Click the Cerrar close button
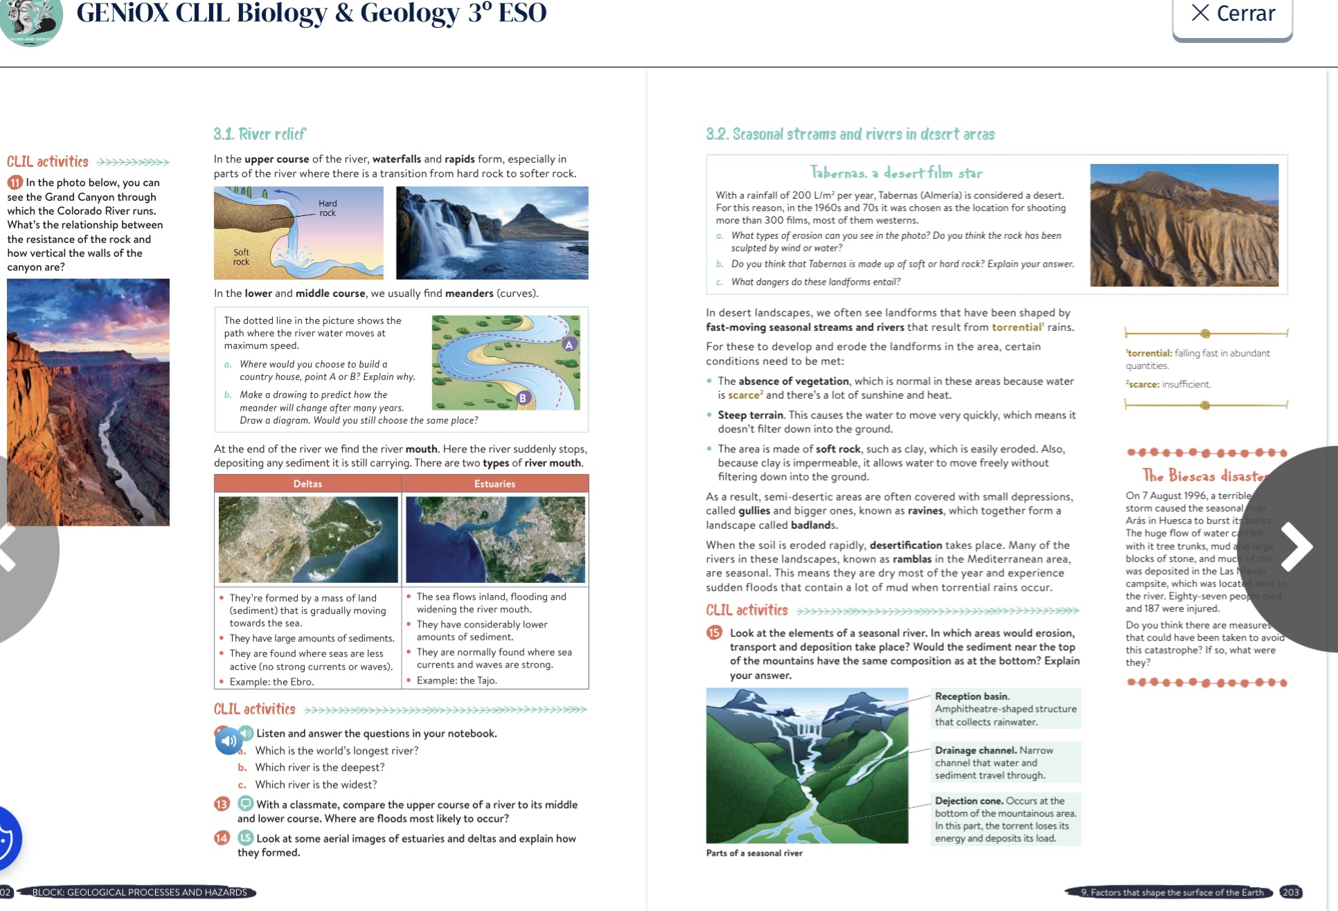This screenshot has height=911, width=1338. coord(1232,14)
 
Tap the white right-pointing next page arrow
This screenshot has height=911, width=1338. coord(1296,547)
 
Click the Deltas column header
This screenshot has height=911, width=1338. coord(307,484)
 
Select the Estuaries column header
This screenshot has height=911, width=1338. coord(494,484)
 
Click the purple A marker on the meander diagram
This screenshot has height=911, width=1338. coord(569,345)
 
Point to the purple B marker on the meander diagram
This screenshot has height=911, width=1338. coord(524,398)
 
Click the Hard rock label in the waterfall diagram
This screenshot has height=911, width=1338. coord(328,208)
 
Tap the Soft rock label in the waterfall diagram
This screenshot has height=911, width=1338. coord(241,257)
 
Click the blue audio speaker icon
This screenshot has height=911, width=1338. coord(229,741)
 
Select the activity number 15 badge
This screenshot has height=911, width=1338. coord(714,633)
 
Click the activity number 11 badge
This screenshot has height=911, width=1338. coord(15,183)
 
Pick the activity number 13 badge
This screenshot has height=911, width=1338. coord(222,804)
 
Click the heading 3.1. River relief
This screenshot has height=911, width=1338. coord(260,134)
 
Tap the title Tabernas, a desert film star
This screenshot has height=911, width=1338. coord(896,173)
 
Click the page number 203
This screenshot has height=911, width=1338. coord(1290,892)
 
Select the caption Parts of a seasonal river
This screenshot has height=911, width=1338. coord(754,853)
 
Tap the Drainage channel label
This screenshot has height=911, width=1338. coord(976,750)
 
